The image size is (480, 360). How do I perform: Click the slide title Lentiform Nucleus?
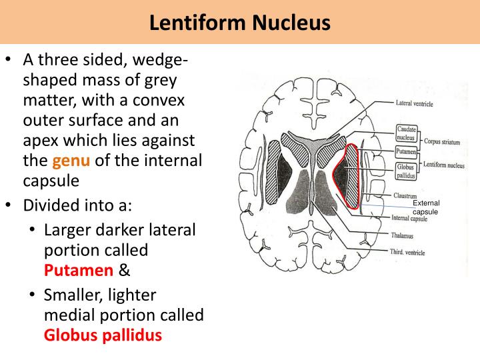[240, 23]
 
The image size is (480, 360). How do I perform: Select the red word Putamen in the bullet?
[79, 270]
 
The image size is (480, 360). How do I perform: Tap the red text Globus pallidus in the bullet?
[103, 335]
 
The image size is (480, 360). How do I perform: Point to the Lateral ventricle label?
[414, 104]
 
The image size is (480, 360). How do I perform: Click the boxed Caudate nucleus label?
[406, 133]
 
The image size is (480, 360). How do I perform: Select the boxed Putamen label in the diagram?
[406, 152]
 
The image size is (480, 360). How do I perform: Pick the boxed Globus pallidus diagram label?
[406, 171]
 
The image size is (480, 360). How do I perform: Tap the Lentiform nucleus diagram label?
[443, 165]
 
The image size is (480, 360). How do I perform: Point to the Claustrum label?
[405, 196]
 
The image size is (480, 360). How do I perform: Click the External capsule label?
[425, 207]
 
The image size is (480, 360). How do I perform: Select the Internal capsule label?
[409, 218]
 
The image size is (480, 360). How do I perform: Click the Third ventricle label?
[407, 252]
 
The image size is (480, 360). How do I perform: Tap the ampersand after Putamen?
[124, 270]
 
